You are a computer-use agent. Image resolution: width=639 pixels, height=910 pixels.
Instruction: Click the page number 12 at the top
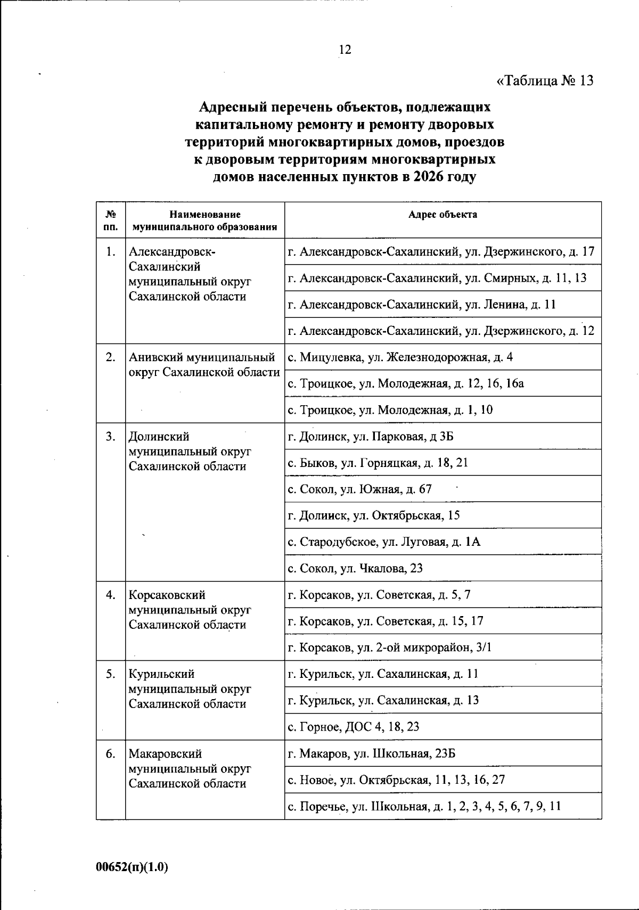(345, 50)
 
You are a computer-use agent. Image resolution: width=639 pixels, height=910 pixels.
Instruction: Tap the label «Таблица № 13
(544, 81)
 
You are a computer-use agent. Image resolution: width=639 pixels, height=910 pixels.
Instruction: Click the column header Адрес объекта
(443, 215)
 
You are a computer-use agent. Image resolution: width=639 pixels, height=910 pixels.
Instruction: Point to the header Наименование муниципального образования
(205, 220)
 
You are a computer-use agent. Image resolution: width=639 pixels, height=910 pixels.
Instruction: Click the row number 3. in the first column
(111, 437)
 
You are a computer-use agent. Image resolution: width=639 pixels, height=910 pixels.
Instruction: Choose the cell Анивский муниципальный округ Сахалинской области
(204, 365)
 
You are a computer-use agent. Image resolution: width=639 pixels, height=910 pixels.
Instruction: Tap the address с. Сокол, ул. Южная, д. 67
(360, 489)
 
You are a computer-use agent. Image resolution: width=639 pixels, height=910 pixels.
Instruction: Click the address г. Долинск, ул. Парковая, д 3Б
(371, 437)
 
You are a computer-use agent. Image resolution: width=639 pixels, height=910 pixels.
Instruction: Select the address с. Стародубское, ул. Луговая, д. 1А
(384, 542)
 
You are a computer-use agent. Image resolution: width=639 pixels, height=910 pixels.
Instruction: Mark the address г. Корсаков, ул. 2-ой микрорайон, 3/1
(389, 647)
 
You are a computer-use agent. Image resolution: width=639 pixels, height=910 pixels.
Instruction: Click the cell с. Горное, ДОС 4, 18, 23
(354, 726)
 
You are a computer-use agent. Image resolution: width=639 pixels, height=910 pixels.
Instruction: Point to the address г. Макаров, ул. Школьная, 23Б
(372, 753)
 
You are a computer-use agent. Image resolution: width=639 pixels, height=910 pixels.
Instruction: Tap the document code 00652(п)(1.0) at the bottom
(132, 867)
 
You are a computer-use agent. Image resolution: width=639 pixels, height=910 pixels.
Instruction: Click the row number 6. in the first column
(111, 753)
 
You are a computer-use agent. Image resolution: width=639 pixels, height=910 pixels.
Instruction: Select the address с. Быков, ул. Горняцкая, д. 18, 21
(378, 463)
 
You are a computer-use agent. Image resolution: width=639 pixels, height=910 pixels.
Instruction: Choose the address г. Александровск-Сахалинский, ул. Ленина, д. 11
(422, 305)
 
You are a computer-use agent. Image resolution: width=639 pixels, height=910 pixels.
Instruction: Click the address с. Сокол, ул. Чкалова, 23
(355, 568)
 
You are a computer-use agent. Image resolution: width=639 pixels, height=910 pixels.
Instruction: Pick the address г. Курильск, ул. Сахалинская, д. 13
(383, 700)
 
